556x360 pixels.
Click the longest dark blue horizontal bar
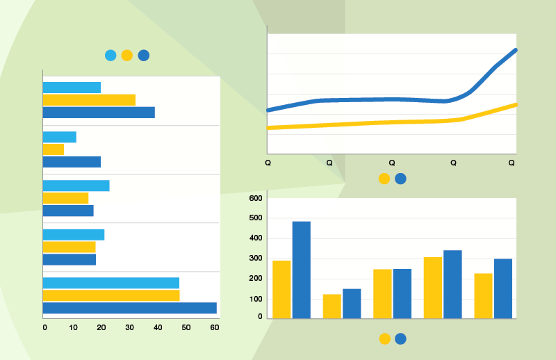(x=129, y=308)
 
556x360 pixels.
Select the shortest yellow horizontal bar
(x=53, y=149)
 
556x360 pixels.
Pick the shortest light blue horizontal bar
(x=59, y=137)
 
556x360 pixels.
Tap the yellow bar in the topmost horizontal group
(x=89, y=100)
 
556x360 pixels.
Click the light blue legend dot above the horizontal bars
(x=111, y=56)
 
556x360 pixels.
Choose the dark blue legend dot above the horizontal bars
(x=144, y=56)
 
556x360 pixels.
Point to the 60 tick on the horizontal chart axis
(x=214, y=327)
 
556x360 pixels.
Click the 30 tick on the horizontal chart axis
(x=129, y=327)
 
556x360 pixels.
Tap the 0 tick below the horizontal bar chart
(x=44, y=327)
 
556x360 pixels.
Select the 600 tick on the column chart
(x=256, y=199)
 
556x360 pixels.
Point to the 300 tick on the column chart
(x=256, y=259)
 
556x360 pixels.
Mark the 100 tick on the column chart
(x=256, y=299)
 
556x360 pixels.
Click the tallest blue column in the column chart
(x=301, y=270)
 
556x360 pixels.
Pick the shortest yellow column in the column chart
(x=332, y=306)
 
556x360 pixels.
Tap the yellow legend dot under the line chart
(x=384, y=179)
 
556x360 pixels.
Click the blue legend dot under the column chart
(x=400, y=339)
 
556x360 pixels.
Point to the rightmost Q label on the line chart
(x=512, y=163)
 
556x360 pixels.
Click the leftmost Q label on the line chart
(x=268, y=163)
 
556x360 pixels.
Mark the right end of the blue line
(x=516, y=50)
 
